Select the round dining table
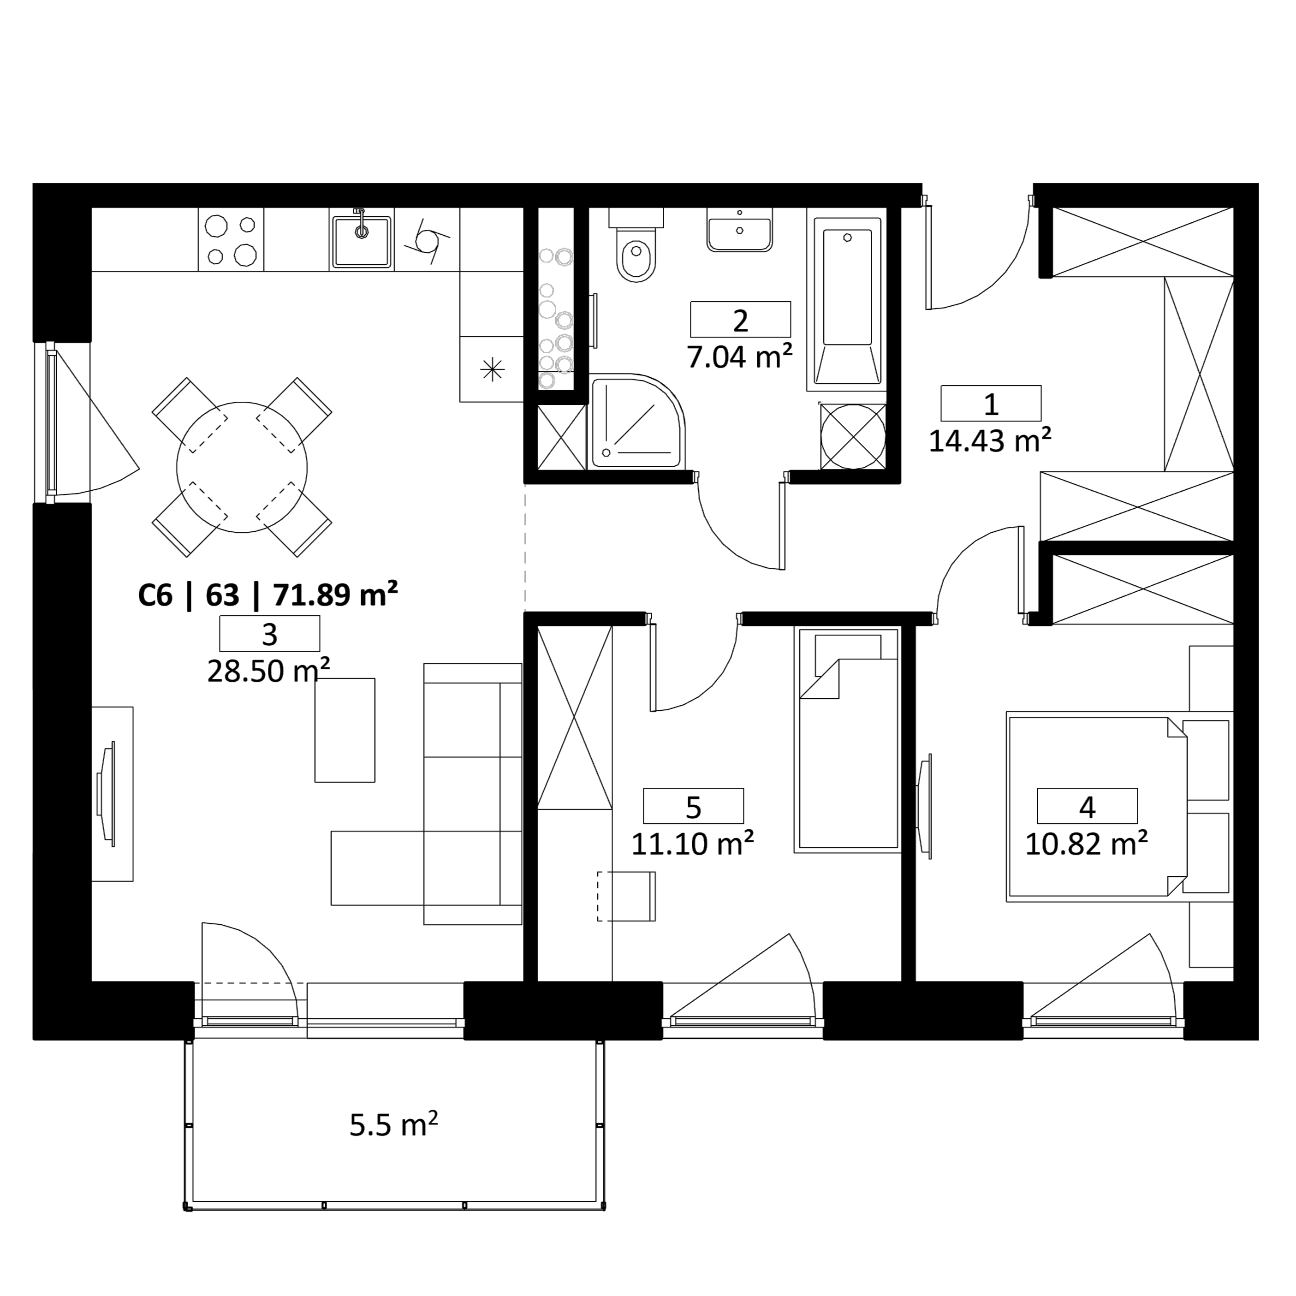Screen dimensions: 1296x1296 [x=242, y=468]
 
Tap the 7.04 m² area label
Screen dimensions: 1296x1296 [x=740, y=356]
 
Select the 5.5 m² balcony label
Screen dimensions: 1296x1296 [x=394, y=1125]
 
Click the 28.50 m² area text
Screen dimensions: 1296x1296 [x=268, y=670]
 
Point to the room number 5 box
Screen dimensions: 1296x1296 [x=694, y=806]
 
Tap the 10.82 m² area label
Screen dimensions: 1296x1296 [x=1087, y=843]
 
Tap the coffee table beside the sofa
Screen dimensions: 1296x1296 [x=345, y=730]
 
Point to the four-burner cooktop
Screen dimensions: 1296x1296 [x=231, y=239]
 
